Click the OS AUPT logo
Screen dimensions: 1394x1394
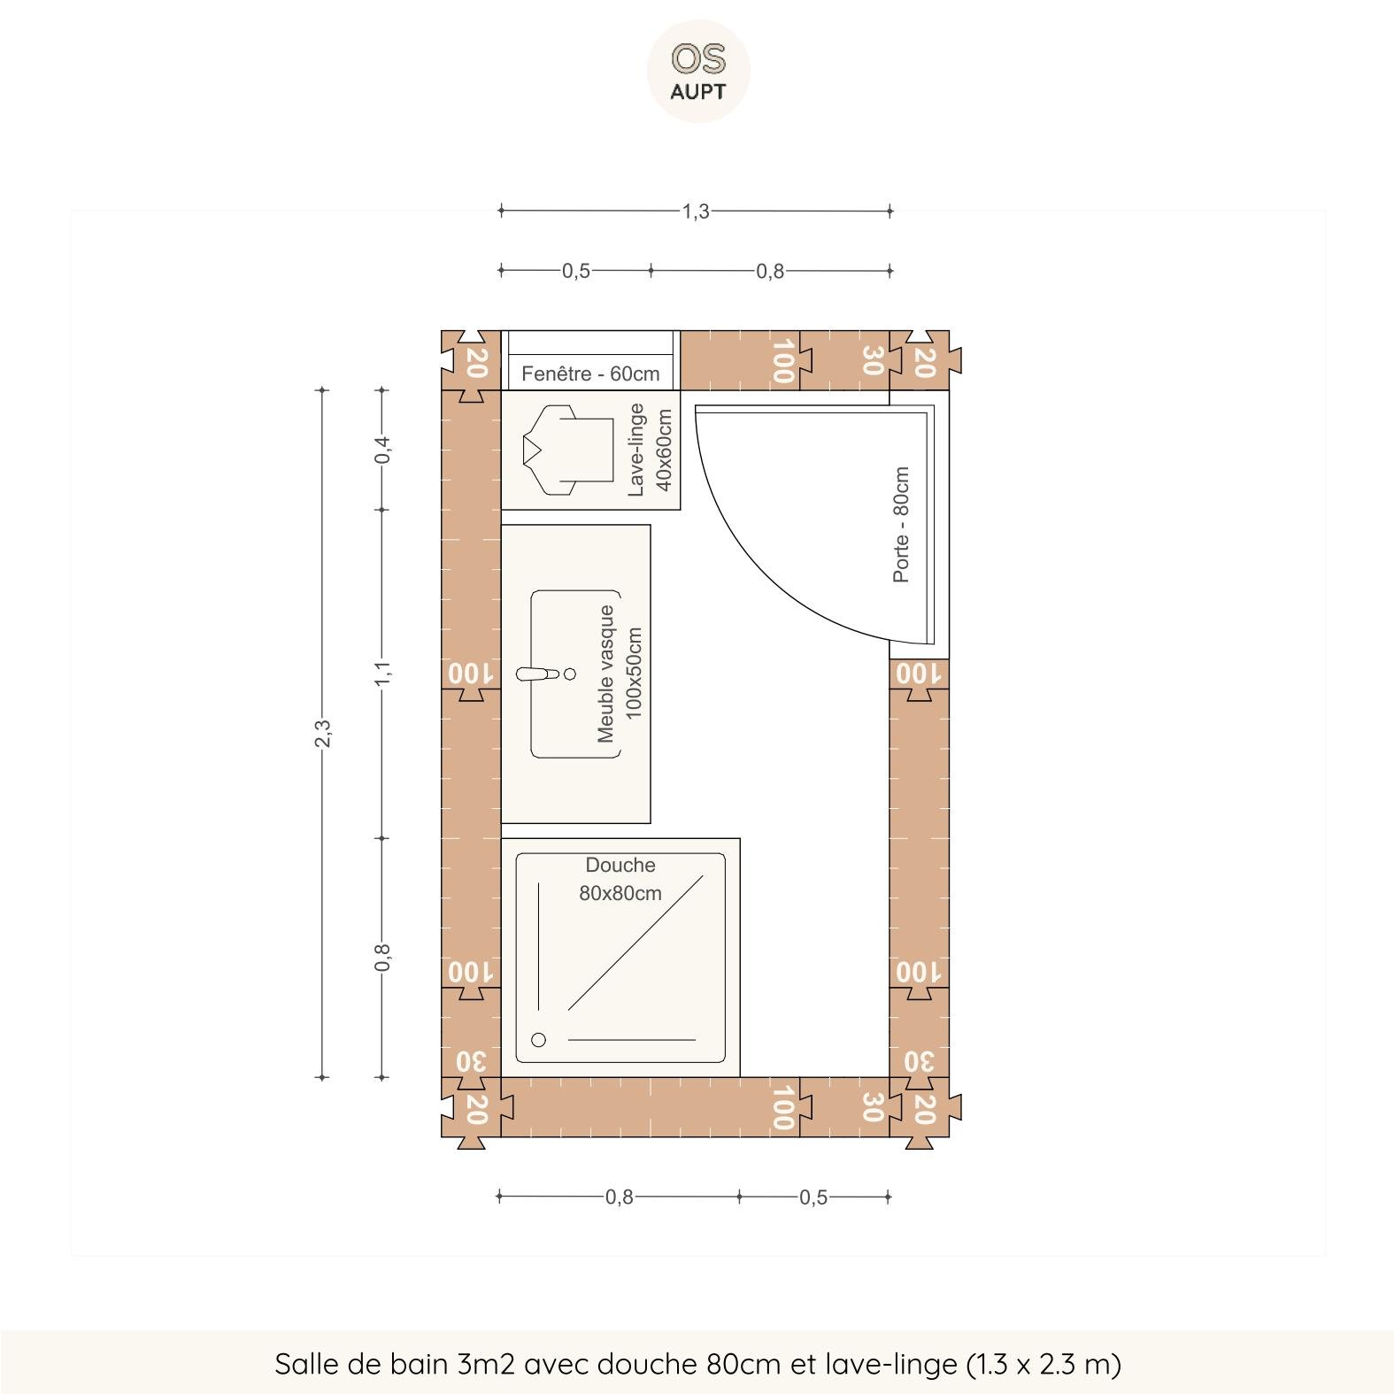click(x=698, y=71)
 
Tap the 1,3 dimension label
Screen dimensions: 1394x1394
click(x=696, y=212)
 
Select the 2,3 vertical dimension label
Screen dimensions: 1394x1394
click(x=322, y=733)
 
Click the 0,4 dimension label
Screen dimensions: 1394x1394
click(x=382, y=450)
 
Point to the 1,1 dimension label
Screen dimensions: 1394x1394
click(x=382, y=673)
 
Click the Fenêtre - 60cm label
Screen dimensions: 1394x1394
click(x=590, y=374)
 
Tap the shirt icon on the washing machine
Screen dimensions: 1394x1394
click(x=567, y=451)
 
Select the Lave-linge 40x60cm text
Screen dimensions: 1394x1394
click(x=650, y=450)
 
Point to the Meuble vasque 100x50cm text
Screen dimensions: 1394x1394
click(x=620, y=674)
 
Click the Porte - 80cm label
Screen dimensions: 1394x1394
click(x=901, y=525)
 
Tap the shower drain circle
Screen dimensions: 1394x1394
click(x=538, y=1040)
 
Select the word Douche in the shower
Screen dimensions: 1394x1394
click(x=620, y=865)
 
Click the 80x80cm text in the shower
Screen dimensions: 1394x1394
click(x=620, y=893)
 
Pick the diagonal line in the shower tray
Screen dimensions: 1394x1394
click(x=635, y=943)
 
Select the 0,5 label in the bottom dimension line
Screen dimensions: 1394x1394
click(x=813, y=1198)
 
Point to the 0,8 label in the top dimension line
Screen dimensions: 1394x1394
click(x=770, y=271)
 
